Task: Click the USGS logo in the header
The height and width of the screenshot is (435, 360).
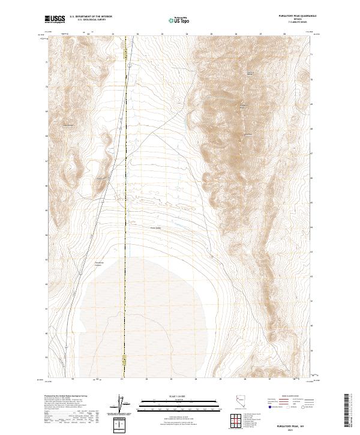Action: (55, 19)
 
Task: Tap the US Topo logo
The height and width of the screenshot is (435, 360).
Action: (178, 19)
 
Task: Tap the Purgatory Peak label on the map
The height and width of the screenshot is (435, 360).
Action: (243, 107)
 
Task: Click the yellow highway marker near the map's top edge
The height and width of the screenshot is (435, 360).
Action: (125, 53)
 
